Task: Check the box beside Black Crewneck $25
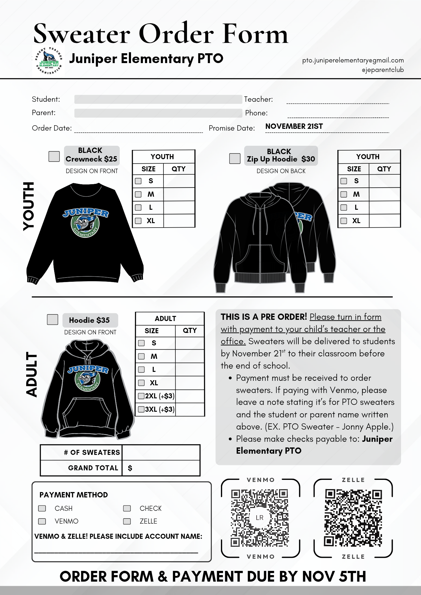[x=54, y=156]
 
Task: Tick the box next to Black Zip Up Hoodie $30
[x=235, y=158]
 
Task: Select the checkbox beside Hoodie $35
[x=52, y=320]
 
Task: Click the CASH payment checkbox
[x=42, y=508]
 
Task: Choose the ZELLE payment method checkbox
[x=127, y=521]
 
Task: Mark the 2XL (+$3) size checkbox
[x=141, y=396]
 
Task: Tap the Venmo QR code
[x=260, y=518]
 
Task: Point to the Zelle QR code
[x=353, y=518]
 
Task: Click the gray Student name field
[x=158, y=99]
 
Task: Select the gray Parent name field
[x=158, y=113]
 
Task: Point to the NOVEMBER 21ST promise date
[x=294, y=126]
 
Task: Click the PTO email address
[x=353, y=60]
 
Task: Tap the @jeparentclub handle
[x=383, y=70]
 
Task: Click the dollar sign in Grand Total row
[x=130, y=468]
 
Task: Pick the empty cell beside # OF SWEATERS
[x=161, y=452]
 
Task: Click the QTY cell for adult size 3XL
[x=189, y=409]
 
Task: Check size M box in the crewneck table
[x=138, y=194]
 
